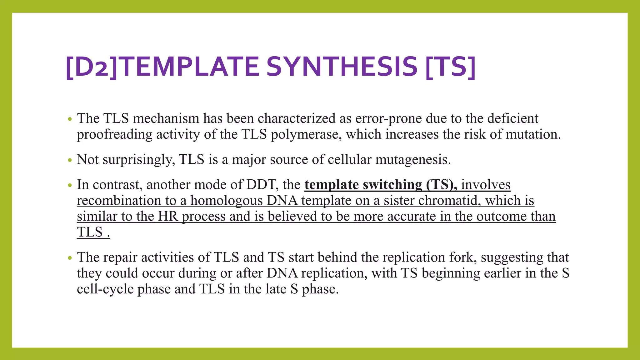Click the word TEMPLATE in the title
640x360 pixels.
tap(191, 67)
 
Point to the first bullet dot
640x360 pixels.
tap(70, 119)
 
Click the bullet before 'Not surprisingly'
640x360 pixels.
tap(70, 160)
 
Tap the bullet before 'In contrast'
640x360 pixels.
tap(70, 185)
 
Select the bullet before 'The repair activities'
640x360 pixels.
tap(70, 258)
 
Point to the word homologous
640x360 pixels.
tap(227, 201)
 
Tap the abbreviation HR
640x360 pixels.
tap(168, 217)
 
